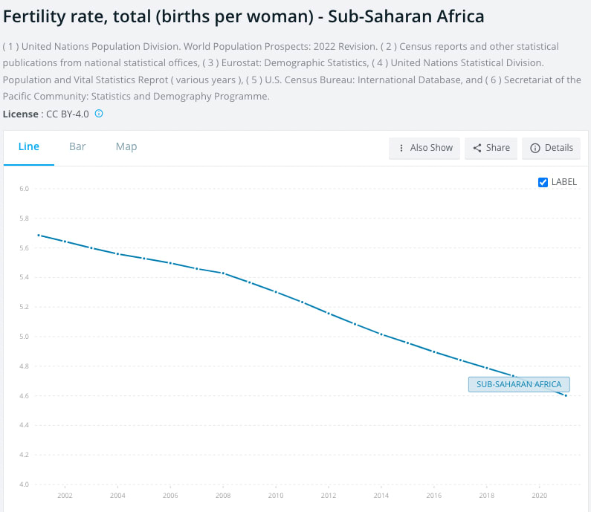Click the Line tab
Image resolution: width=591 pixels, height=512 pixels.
28,146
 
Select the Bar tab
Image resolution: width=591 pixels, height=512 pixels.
77,146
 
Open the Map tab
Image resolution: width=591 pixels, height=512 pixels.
126,146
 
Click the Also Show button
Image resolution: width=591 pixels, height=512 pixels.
424,148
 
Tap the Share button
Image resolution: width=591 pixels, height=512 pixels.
491,148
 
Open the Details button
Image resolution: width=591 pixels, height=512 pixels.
551,148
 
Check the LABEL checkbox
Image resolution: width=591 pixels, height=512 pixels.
543,182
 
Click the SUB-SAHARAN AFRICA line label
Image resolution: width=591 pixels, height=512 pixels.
519,384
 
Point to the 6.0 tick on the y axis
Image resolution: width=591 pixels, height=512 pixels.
24,189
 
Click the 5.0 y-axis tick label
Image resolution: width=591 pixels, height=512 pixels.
24,337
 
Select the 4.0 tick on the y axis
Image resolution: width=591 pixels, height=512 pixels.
24,485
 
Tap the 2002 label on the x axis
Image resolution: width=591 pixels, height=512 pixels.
65,495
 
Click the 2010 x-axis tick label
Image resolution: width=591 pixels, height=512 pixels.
276,495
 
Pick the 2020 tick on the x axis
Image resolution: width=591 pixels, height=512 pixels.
540,495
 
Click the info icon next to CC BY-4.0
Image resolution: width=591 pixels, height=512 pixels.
98,114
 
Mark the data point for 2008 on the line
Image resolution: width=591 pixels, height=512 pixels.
223,273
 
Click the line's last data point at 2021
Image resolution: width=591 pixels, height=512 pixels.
566,395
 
